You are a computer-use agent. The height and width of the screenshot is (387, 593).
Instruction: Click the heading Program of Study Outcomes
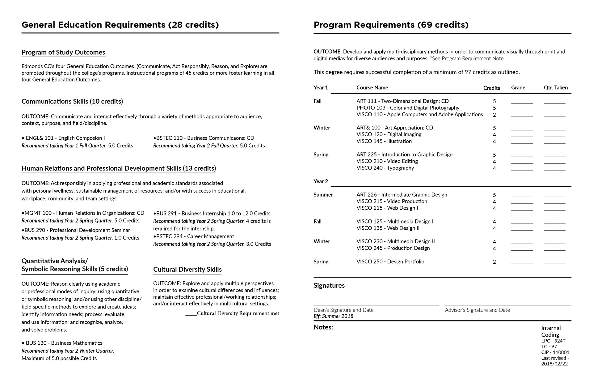[x=63, y=52]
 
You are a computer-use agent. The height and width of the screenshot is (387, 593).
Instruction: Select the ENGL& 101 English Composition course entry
[x=63, y=138]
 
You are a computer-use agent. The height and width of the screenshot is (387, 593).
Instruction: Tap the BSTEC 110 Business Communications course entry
[x=204, y=138]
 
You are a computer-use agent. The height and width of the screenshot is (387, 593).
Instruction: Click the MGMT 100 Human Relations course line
[x=83, y=213]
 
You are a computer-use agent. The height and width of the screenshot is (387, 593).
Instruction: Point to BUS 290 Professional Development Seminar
[x=76, y=230]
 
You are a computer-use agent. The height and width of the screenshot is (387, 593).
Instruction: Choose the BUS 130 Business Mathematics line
[x=62, y=343]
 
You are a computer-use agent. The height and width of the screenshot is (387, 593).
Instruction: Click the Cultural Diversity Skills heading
[x=187, y=270]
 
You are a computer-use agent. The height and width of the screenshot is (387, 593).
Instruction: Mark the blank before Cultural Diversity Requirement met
[x=191, y=314]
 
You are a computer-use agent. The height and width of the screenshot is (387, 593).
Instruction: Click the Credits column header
[x=491, y=88]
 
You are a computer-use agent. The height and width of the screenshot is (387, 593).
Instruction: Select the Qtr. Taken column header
[x=556, y=88]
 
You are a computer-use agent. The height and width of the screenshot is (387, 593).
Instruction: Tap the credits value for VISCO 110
[x=494, y=115]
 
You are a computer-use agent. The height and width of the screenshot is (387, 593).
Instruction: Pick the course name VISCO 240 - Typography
[x=385, y=168]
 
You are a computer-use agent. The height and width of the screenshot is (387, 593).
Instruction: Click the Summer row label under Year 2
[x=323, y=195]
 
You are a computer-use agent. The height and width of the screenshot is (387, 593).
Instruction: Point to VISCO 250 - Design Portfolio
[x=390, y=262]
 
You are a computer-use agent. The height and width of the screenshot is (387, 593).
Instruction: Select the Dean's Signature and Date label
[x=343, y=310]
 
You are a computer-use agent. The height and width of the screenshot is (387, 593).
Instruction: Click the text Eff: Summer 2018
[x=333, y=316]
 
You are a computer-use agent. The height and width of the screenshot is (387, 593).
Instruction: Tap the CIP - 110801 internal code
[x=555, y=352]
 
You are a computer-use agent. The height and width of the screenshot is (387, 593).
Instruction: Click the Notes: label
[x=323, y=327]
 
